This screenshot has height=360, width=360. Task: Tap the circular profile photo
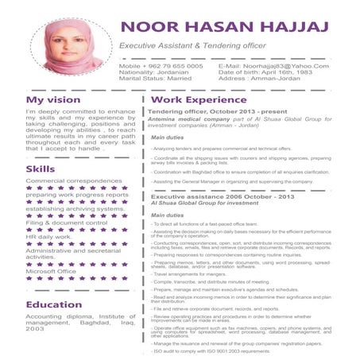click(x=73, y=46)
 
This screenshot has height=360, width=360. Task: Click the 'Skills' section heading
click(x=41, y=169)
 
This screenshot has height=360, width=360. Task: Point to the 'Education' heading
click(x=54, y=304)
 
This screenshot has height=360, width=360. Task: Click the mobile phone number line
click(x=161, y=65)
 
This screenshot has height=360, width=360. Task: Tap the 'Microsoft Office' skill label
click(x=52, y=271)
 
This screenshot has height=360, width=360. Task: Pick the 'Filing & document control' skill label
click(x=66, y=223)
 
